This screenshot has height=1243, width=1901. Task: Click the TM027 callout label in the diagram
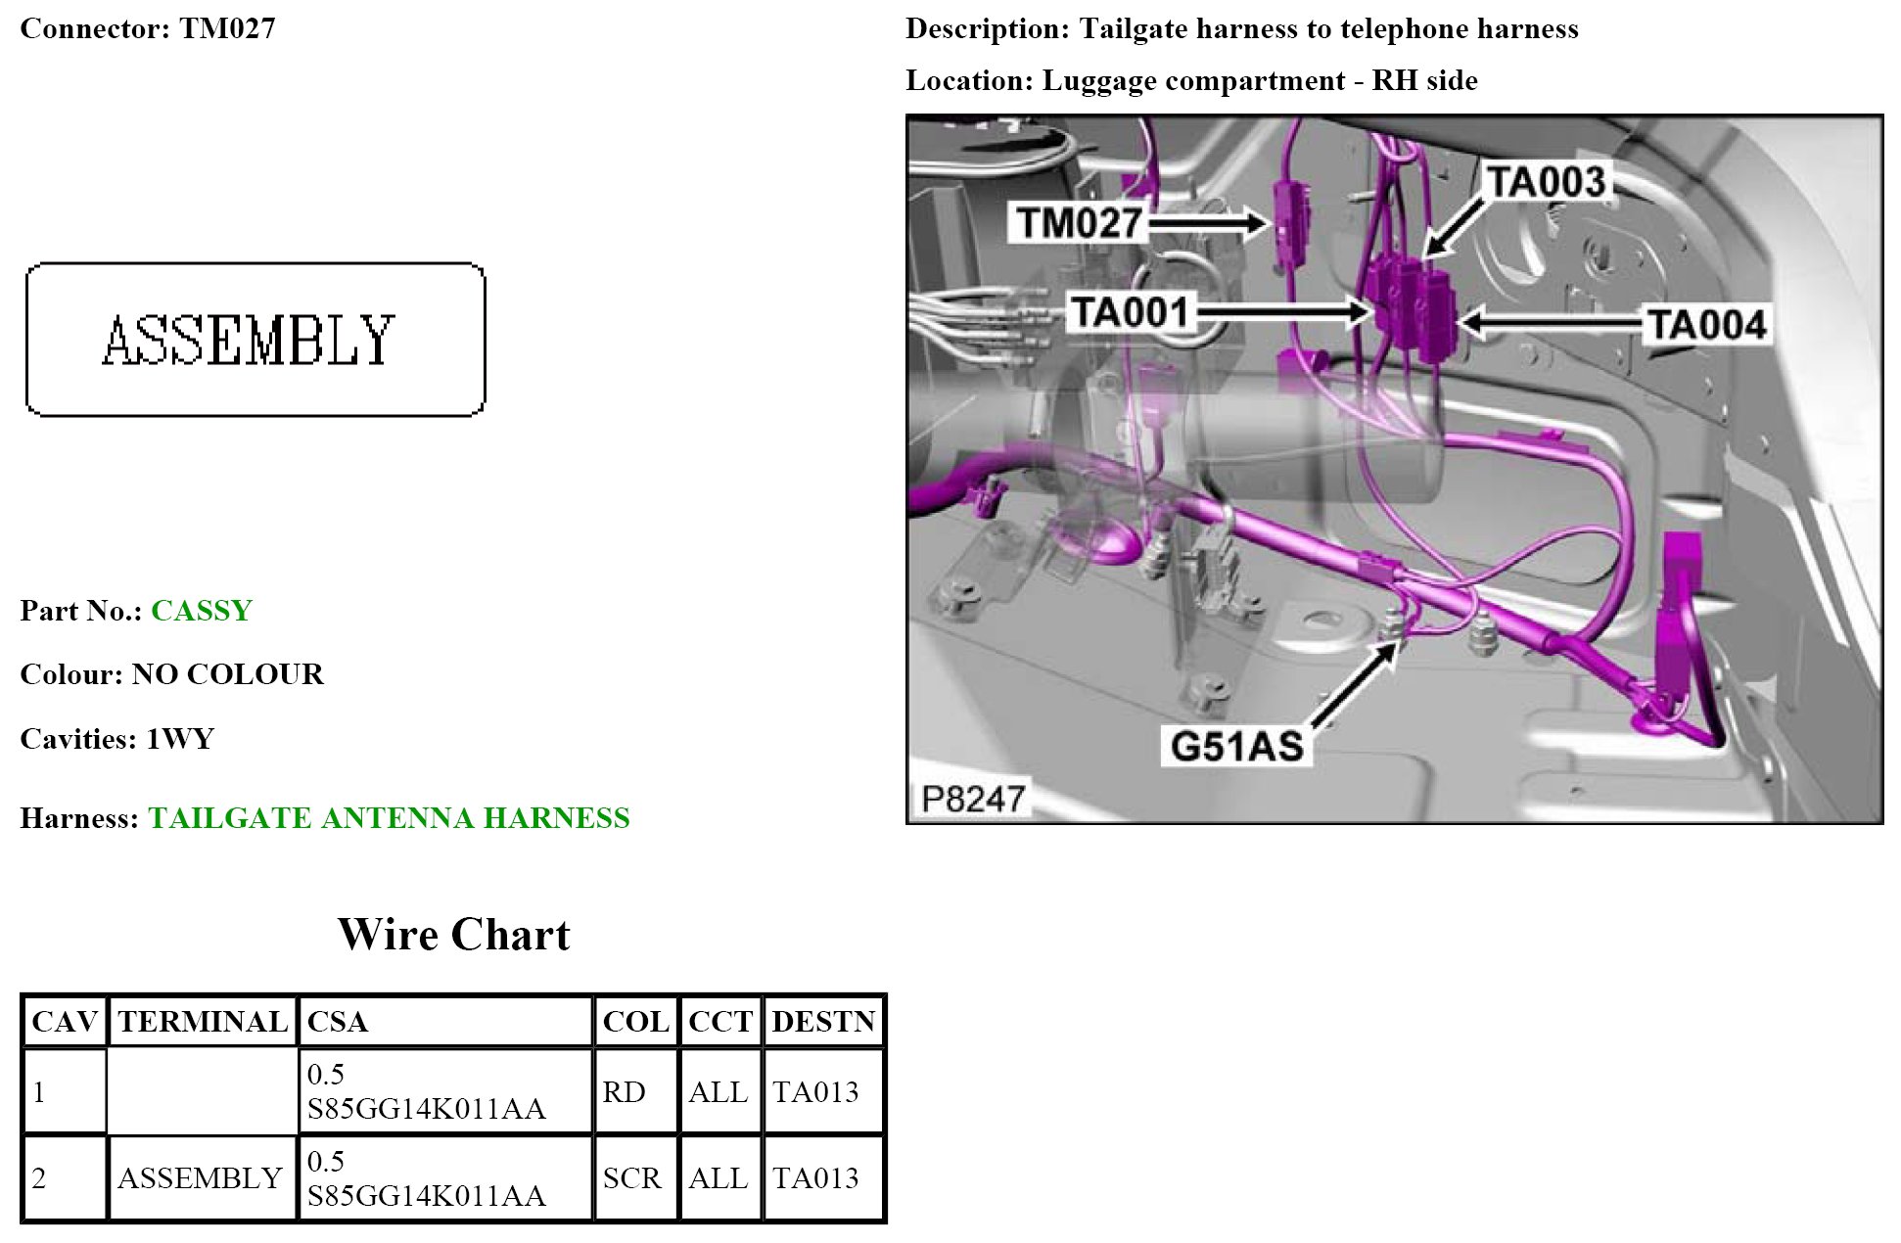point(1079,223)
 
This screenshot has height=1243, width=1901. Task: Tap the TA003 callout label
point(1546,182)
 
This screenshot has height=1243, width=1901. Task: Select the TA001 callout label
point(1130,313)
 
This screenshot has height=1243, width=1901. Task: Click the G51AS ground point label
point(1236,746)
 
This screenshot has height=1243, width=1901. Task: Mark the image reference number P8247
point(972,800)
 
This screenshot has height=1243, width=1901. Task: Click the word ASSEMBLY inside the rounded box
point(249,340)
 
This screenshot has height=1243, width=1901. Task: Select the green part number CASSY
point(202,611)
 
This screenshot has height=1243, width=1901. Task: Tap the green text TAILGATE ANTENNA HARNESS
point(389,818)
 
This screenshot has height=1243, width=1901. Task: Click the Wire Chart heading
point(453,935)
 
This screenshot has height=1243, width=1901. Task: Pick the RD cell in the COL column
point(624,1092)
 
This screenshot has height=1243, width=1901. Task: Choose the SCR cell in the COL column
point(631,1178)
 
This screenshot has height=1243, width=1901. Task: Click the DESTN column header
point(823,1022)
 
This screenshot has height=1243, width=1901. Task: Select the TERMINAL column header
point(203,1022)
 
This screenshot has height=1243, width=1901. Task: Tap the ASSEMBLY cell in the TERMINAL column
point(201,1178)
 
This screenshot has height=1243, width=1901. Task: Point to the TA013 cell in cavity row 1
point(815,1092)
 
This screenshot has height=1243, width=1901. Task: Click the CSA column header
point(338,1022)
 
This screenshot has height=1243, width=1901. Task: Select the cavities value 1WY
point(180,739)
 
